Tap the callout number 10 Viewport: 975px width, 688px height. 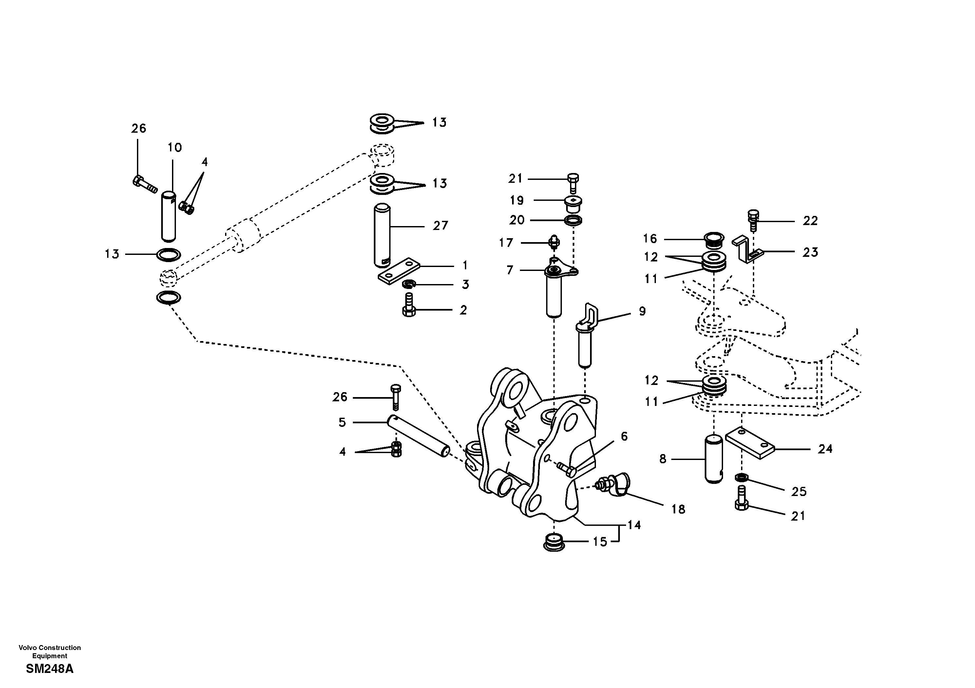[x=175, y=148]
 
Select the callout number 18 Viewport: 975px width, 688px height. [x=678, y=509]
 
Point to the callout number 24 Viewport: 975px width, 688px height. [x=825, y=449]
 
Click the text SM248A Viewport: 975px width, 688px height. [x=50, y=669]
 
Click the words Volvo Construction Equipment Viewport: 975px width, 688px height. [x=50, y=652]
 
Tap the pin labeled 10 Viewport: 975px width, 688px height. [x=169, y=217]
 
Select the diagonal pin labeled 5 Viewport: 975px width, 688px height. [x=418, y=435]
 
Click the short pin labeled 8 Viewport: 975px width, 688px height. [x=714, y=459]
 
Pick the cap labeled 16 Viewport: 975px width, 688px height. [x=714, y=239]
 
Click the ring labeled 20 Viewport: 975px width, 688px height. [x=573, y=220]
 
